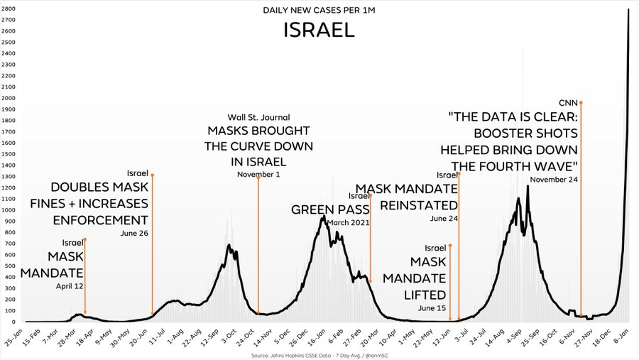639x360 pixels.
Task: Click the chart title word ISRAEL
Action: (319, 31)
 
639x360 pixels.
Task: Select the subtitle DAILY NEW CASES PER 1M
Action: (319, 11)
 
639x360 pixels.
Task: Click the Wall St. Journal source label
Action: (258, 117)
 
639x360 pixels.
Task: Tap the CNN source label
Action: (569, 102)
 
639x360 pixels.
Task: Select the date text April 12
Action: (70, 286)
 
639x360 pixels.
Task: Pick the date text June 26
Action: (134, 233)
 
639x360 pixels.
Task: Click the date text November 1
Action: (258, 175)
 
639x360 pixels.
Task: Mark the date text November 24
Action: (554, 180)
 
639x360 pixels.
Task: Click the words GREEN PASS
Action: (330, 210)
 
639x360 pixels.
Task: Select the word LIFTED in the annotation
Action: (424, 294)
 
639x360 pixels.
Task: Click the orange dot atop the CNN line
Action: (581, 102)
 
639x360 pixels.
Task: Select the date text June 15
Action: (432, 308)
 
